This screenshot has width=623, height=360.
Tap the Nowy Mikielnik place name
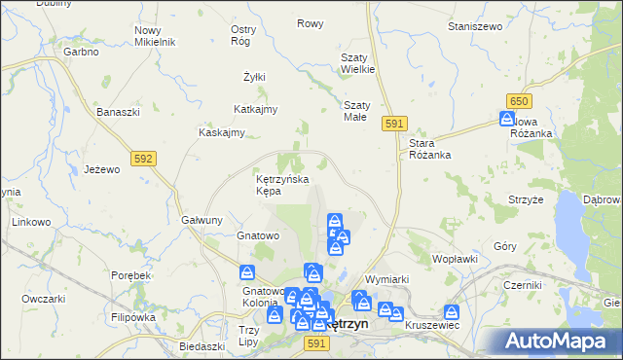(154, 36)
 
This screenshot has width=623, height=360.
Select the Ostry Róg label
(243, 35)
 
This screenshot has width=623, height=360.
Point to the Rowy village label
(310, 23)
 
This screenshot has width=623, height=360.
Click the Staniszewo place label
(474, 26)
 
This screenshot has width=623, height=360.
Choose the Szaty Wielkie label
(357, 63)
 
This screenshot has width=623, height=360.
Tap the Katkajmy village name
(257, 109)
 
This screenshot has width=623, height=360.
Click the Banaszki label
(119, 112)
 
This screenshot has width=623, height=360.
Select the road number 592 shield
(143, 157)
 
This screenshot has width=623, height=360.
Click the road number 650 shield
(519, 101)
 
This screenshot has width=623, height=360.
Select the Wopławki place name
(455, 259)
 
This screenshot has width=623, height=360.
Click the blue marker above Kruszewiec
(451, 313)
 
